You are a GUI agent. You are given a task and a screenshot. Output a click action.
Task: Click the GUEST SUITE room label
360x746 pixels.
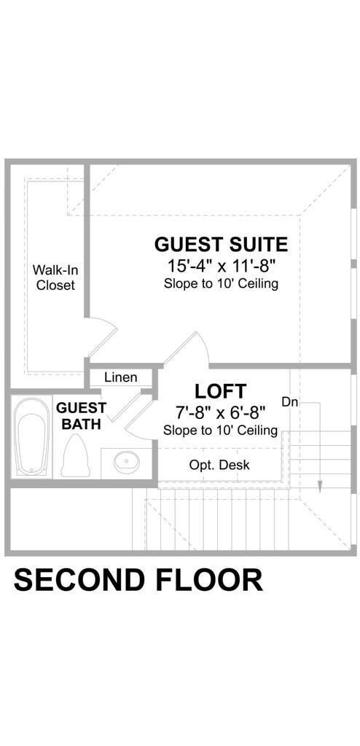click(221, 244)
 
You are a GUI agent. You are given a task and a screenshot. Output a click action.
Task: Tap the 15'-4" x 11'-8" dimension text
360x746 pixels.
click(221, 265)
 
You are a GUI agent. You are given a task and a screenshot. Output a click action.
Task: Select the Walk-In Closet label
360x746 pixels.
click(55, 278)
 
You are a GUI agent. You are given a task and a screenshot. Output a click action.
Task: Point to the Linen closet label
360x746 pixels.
click(121, 378)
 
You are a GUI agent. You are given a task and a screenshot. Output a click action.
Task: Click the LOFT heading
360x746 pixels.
click(221, 391)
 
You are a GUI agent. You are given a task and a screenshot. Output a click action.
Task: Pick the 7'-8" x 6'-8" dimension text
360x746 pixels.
click(220, 412)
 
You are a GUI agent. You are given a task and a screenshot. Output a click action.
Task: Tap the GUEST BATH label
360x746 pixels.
click(81, 416)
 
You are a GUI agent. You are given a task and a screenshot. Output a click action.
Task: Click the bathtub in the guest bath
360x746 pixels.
click(31, 437)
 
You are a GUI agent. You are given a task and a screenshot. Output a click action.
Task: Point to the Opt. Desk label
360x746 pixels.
click(219, 464)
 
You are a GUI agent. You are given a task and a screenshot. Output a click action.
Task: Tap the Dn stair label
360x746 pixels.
click(289, 402)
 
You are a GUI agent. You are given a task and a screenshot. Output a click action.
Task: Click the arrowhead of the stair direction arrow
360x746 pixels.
click(320, 487)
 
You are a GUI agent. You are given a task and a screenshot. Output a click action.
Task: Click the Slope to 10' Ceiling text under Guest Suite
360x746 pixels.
click(221, 284)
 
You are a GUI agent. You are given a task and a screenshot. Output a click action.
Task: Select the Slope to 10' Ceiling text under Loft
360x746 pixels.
click(220, 430)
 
